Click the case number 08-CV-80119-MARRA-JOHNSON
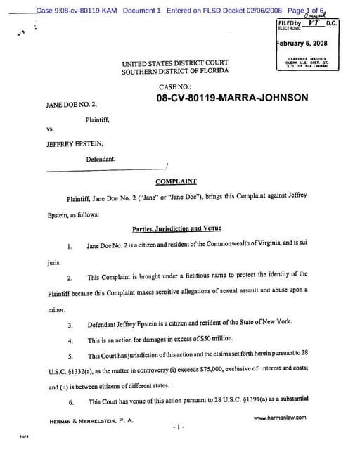pyautogui.click(x=232, y=98)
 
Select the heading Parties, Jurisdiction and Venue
pyautogui.click(x=176, y=229)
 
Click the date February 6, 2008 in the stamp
pyautogui.click(x=307, y=44)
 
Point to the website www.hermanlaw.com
pyautogui.click(x=279, y=418)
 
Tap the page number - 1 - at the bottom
pyautogui.click(x=179, y=427)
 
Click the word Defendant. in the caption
pyautogui.click(x=101, y=160)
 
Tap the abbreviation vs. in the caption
pyautogui.click(x=50, y=129)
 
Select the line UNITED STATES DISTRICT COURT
pyautogui.click(x=174, y=63)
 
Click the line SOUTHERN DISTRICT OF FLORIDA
pyautogui.click(x=174, y=72)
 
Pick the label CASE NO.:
pyautogui.click(x=175, y=86)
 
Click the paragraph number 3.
pyautogui.click(x=70, y=326)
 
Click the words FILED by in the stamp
pyautogui.click(x=290, y=23)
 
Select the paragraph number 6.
pyautogui.click(x=70, y=402)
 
